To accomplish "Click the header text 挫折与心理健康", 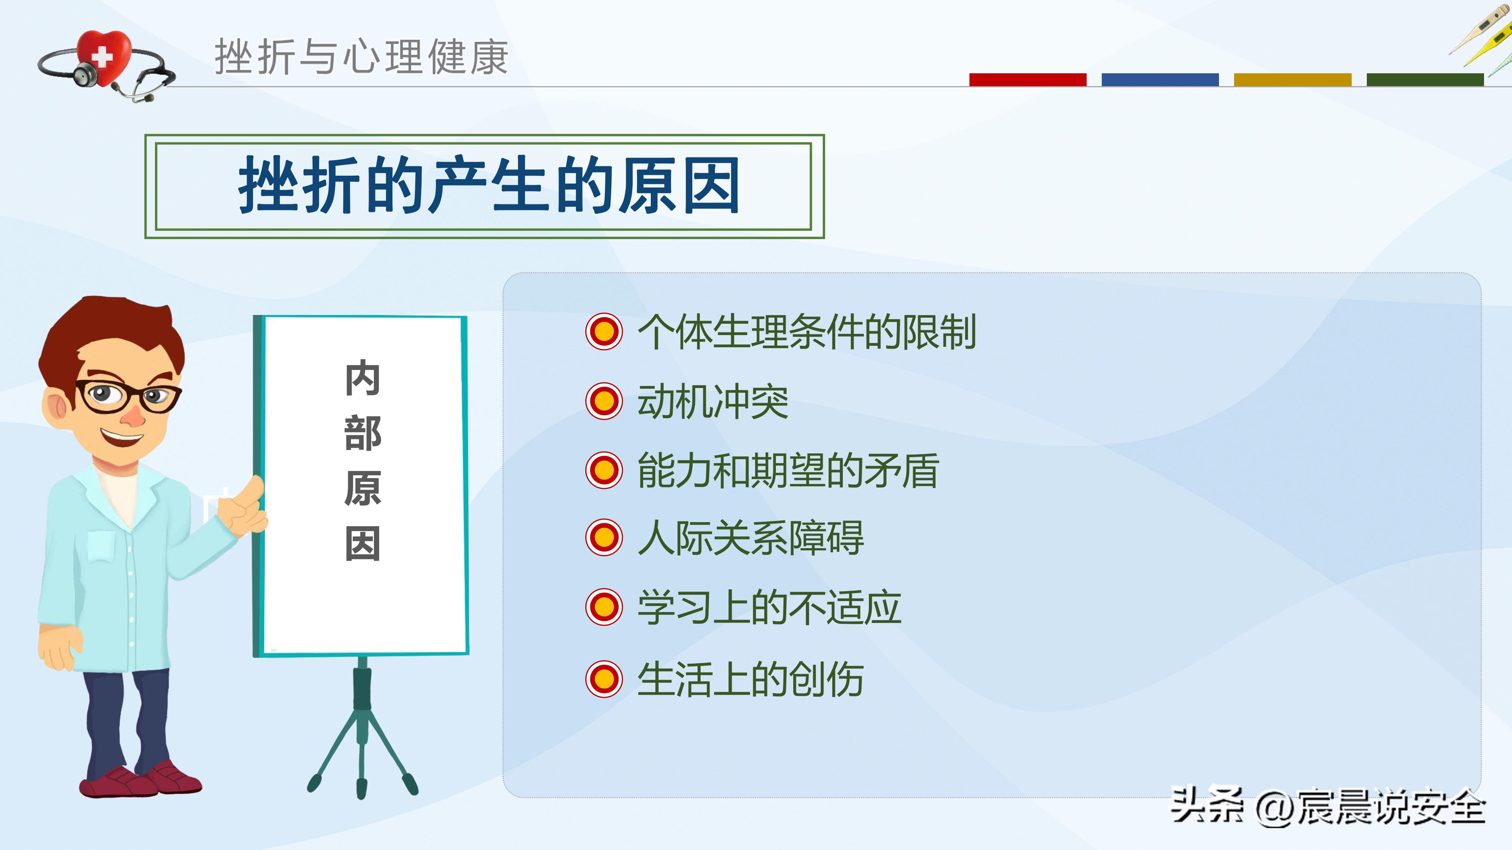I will point(361,57).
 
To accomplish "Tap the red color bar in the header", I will point(1027,80).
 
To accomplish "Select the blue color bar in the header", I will point(1160,80).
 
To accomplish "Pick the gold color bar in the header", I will point(1292,80).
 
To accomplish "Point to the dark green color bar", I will point(1425,80).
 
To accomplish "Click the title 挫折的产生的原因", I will point(488,186).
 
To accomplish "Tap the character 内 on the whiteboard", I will point(363,379).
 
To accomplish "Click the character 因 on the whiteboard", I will point(363,544).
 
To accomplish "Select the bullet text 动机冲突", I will point(713,402).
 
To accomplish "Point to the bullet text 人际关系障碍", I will point(750,538).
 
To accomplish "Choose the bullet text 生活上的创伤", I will point(750,679).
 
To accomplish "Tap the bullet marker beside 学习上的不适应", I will point(603,607).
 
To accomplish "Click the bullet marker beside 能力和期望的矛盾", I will point(603,470).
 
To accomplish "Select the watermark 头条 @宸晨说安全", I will point(1328,807).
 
